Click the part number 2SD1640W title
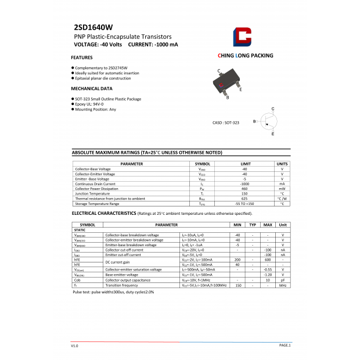tap(93, 27)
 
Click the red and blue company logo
tap(242, 37)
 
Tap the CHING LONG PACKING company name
tap(245, 56)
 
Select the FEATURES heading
tap(82, 58)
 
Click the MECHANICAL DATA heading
tap(92, 89)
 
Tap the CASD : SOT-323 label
tap(226, 123)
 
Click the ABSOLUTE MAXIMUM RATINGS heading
tap(147, 152)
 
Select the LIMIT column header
tap(245, 164)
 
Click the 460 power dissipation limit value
tap(244, 189)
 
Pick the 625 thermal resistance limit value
tap(244, 199)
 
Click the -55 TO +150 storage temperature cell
tap(244, 204)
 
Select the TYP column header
tap(253, 224)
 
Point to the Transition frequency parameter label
tap(121, 285)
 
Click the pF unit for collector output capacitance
tap(283, 280)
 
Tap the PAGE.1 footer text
tap(285, 345)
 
